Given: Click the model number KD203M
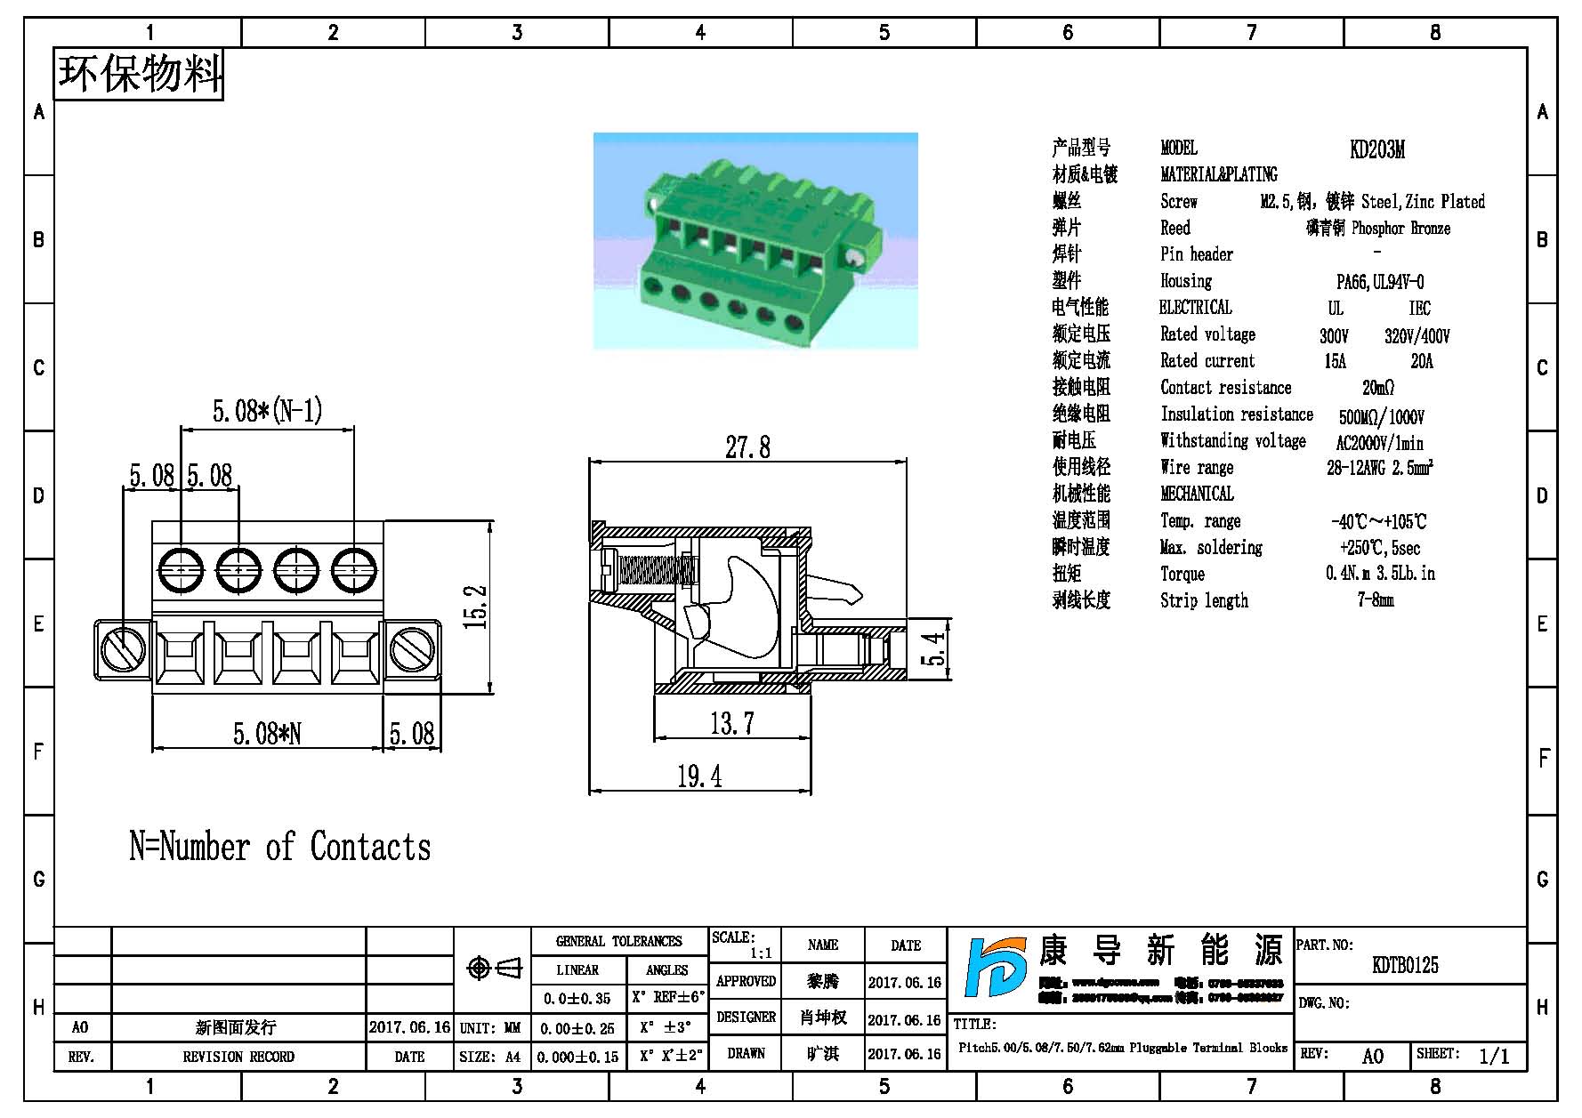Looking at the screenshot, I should coord(1376,149).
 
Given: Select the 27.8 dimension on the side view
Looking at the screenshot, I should coord(747,446).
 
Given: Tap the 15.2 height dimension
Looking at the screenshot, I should coord(477,607).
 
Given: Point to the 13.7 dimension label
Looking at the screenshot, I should coord(731,723).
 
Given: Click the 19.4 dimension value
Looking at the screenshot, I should coord(699,776).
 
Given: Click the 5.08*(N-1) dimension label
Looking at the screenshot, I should coord(267,411).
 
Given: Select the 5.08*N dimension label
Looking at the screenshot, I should coord(267,734).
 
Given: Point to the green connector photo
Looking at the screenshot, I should coord(755,241).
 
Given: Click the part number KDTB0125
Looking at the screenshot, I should coord(1405,965).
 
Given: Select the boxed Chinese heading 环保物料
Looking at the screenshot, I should coord(140,74).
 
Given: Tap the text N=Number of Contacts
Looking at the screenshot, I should coord(280,848).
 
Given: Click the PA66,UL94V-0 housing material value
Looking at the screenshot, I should coord(1379,282).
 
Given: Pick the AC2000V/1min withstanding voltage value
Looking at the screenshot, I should coord(1379,443).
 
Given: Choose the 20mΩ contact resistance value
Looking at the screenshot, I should coord(1377,388).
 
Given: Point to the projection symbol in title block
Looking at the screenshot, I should coord(495,968).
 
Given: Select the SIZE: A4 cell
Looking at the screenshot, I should coord(490,1057).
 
